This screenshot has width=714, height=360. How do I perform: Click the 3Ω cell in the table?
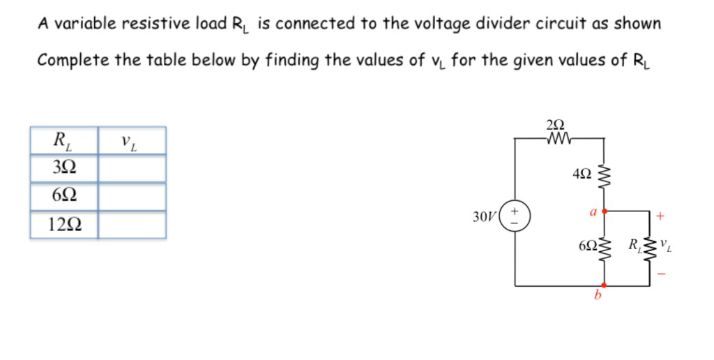(x=64, y=168)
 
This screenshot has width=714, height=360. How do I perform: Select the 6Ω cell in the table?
(x=64, y=196)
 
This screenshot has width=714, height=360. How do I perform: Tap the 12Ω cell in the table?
(x=64, y=225)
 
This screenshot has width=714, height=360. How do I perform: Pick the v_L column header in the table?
(x=132, y=142)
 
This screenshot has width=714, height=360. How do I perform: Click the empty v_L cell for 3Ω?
(x=132, y=168)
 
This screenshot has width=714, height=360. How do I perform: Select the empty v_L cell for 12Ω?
(x=132, y=225)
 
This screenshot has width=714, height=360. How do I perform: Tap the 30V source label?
(x=483, y=216)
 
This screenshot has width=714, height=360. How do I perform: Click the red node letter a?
(x=592, y=209)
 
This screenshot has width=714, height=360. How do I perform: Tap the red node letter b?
(x=597, y=295)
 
